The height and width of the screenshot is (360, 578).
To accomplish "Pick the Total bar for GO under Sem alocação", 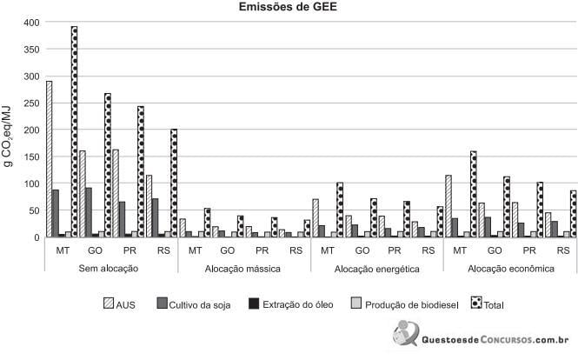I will click(x=108, y=165).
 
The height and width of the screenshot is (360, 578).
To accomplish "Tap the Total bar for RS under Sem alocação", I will click(x=174, y=183).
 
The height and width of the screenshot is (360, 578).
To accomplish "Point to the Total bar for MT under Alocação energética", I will click(x=341, y=210).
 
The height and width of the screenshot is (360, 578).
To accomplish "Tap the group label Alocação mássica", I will click(x=242, y=269).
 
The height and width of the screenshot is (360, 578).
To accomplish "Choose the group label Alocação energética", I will click(x=375, y=269).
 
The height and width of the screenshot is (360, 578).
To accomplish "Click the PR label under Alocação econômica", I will click(x=530, y=250).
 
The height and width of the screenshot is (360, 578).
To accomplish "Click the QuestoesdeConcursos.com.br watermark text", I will click(x=494, y=341).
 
